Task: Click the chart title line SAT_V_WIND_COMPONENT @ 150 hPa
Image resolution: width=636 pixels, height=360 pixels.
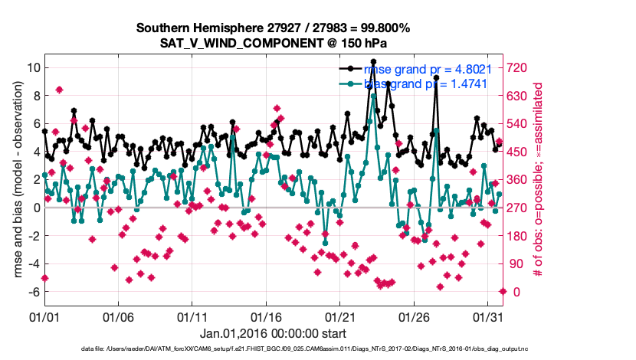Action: coord(274,44)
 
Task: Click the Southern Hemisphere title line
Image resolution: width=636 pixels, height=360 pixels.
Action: coord(274,28)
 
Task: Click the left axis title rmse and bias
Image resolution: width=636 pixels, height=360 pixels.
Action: coord(15,180)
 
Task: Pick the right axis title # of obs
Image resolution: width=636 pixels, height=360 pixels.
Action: coord(546,180)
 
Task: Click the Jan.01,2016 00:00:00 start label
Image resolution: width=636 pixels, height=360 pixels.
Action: coord(274,333)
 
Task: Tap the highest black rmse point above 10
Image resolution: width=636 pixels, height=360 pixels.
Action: coord(373,61)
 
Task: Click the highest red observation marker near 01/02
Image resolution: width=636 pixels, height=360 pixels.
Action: coord(59,90)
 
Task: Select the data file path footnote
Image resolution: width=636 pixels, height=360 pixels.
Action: coord(304,349)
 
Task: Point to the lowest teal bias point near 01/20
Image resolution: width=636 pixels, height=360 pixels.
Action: coord(325,243)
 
